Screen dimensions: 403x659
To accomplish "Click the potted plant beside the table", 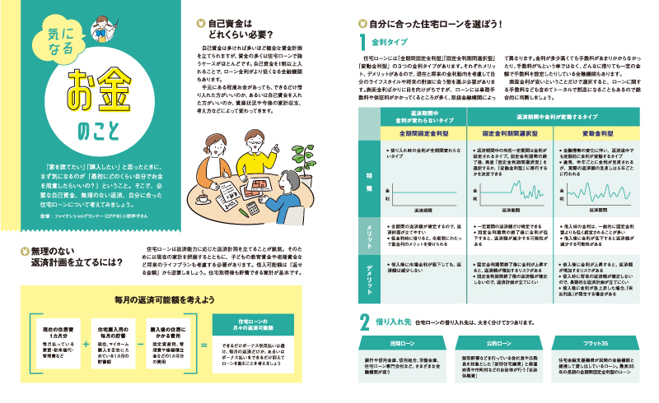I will pos(310,151).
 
